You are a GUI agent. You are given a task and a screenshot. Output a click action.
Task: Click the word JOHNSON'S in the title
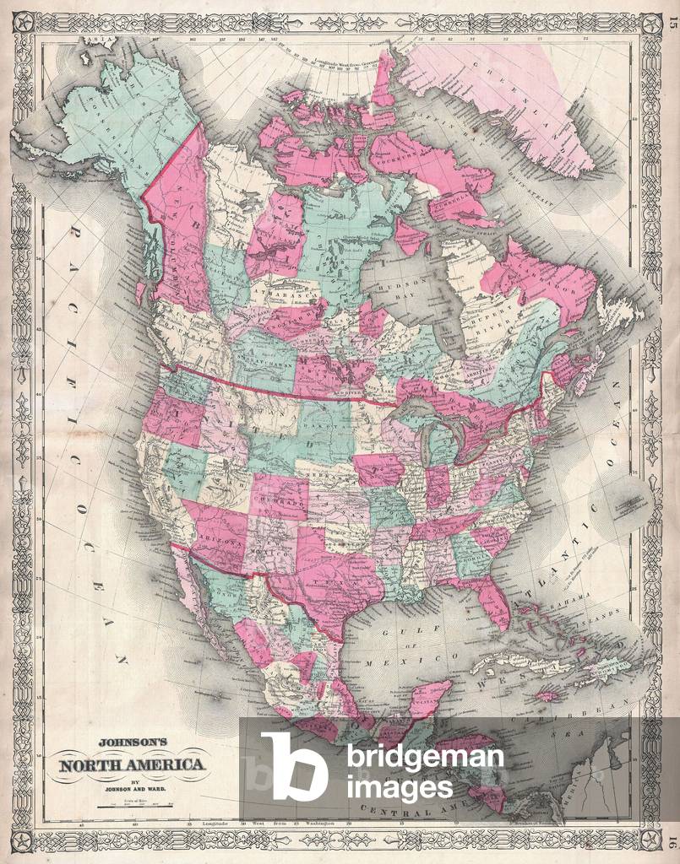point(133,743)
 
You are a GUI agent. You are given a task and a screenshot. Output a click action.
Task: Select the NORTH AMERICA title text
point(131,765)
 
